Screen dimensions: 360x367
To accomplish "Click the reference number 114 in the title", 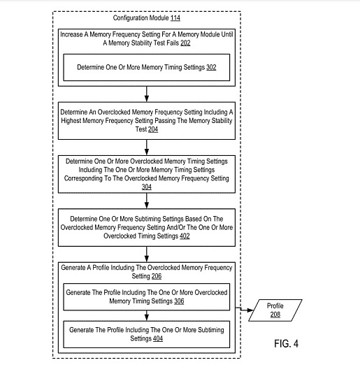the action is point(175,17).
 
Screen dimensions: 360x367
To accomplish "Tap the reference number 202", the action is point(185,43).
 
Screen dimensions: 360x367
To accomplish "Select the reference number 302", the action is point(211,67).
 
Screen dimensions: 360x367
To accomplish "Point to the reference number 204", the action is point(153,129).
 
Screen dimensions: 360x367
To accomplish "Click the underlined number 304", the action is point(147,187).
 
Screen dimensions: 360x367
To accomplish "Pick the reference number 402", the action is point(185,236).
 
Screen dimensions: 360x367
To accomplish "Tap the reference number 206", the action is point(157,276).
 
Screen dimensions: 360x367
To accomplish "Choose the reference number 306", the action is point(179,301).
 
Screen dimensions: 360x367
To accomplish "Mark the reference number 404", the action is point(158,338).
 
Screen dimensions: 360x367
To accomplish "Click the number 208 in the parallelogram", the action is point(275,314).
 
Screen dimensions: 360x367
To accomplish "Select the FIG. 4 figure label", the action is point(287,344).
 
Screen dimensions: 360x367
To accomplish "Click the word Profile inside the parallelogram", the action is point(275,305).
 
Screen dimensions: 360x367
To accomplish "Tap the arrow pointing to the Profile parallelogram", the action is point(245,310).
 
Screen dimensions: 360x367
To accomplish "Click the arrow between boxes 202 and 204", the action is point(147,94).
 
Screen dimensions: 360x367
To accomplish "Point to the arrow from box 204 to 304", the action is point(147,147).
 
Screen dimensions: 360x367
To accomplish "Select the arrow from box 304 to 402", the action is point(147,201).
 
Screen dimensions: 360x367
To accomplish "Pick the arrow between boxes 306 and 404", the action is point(147,316).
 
